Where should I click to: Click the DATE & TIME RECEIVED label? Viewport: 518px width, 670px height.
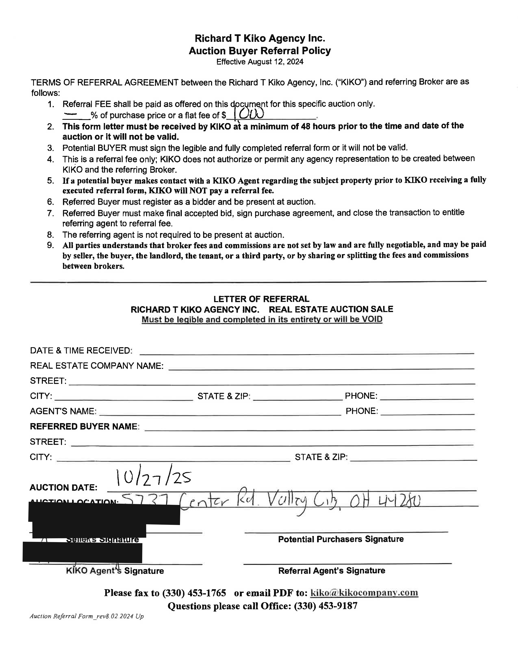(x=81, y=350)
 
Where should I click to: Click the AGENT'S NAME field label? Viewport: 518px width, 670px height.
(x=63, y=411)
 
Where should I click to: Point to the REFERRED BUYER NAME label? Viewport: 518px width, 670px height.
(x=84, y=426)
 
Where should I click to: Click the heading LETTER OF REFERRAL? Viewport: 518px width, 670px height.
(x=261, y=299)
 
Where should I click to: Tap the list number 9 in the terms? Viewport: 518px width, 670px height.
(x=51, y=245)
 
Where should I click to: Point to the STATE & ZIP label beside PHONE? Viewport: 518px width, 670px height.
(x=224, y=396)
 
